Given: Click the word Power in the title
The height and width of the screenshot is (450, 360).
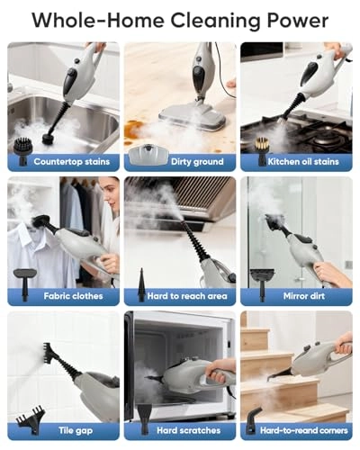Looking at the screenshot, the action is [x=298, y=20].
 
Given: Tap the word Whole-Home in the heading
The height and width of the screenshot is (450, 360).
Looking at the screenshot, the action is [x=98, y=20].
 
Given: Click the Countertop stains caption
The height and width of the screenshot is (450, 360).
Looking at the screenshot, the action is [x=72, y=162].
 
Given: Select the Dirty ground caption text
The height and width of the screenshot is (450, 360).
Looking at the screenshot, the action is [x=197, y=162].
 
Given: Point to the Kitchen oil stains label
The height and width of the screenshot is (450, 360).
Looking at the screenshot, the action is [x=303, y=162].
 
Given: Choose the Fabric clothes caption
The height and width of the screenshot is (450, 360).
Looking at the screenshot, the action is [x=73, y=296].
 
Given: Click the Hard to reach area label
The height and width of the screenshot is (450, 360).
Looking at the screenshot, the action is [x=187, y=296].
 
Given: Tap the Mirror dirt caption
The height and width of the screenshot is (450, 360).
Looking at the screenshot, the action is [x=304, y=296].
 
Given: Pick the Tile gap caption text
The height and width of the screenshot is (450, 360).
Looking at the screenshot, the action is [x=76, y=431].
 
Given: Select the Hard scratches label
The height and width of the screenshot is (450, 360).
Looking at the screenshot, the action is [x=188, y=430].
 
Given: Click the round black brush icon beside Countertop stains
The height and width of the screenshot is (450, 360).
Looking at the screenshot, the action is [x=22, y=151].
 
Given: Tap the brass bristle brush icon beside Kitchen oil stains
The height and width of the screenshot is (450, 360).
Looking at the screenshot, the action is [x=262, y=151].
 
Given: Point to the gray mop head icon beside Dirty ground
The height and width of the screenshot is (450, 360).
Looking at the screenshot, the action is [x=148, y=155].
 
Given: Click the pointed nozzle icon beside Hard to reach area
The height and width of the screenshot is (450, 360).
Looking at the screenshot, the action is [x=141, y=285].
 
